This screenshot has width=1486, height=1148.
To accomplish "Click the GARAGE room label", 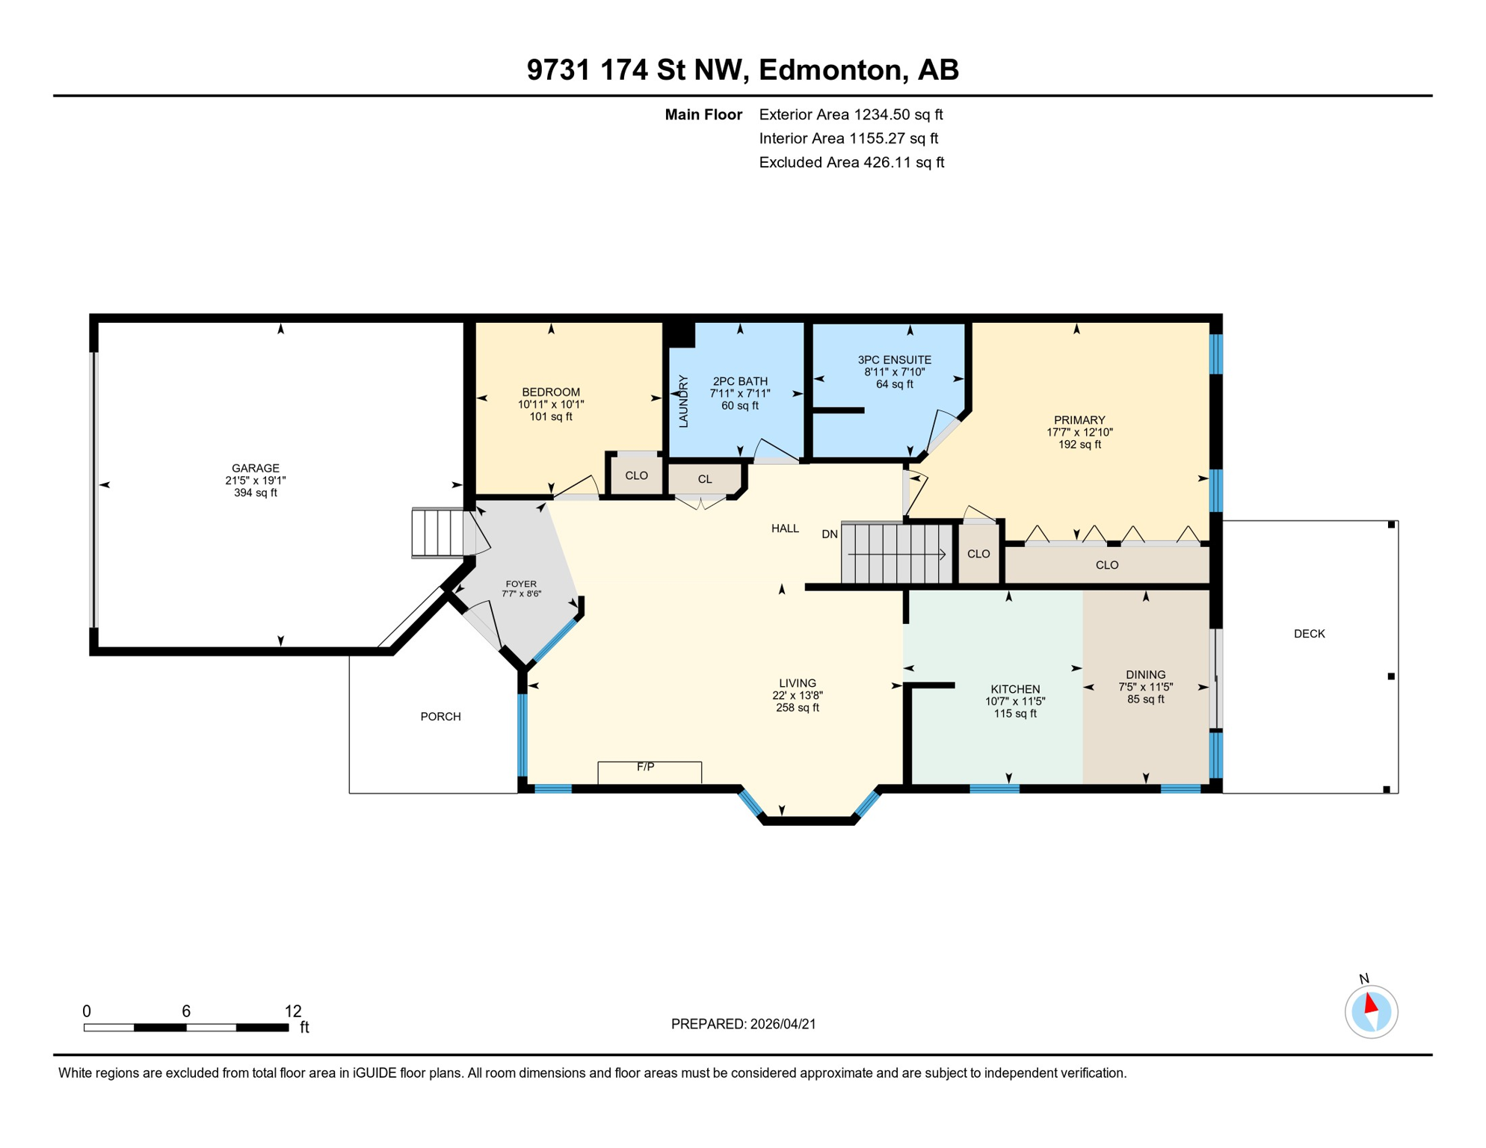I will tap(255, 468).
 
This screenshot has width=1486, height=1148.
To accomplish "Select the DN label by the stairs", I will tap(829, 534).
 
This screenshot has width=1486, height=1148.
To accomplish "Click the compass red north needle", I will tap(1371, 1003).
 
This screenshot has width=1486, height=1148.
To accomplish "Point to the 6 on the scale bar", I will tap(186, 1011).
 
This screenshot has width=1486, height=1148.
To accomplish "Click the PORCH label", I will tap(440, 717).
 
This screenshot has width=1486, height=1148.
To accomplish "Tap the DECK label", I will tap(1309, 634).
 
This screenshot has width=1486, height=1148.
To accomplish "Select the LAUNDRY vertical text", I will tap(683, 401).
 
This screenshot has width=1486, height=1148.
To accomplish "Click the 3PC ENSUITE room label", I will tap(894, 360).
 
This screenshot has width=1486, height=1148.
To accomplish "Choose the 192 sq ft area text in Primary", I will tap(1079, 445).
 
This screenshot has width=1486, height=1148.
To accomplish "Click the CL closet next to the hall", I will tap(705, 479).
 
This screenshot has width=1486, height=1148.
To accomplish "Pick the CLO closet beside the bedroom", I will tap(636, 475).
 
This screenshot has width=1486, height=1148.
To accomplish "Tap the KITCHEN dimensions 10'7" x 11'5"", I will tap(1014, 701).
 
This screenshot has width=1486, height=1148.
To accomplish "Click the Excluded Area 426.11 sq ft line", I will tap(851, 162).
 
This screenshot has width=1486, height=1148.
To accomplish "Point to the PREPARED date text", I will tap(743, 1024).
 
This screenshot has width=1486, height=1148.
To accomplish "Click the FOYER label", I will tap(521, 584).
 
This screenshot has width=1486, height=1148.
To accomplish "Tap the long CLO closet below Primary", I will tap(1106, 565).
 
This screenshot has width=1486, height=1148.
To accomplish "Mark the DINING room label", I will tap(1145, 674).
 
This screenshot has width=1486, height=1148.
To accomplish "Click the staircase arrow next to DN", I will tap(897, 554).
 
